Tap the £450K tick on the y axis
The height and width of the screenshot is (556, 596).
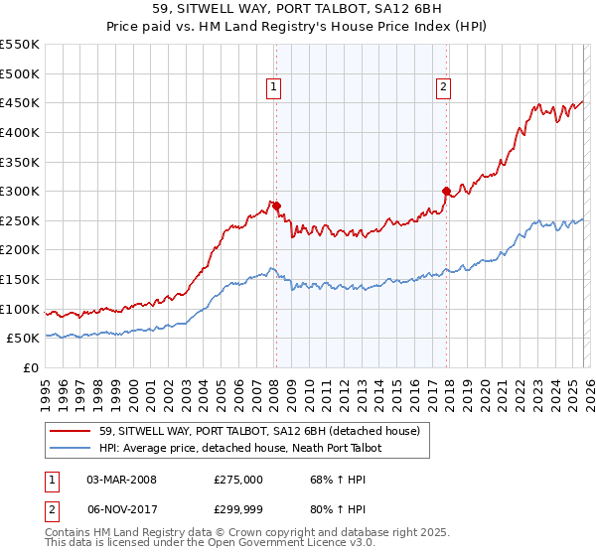(20, 103)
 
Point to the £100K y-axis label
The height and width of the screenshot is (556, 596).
(20, 310)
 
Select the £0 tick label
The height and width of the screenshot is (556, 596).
(31, 368)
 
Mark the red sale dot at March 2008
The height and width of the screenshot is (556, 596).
(276, 207)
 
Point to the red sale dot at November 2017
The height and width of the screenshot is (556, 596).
(446, 191)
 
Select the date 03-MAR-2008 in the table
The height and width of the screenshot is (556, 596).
(121, 480)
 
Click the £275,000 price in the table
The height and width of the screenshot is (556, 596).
(238, 480)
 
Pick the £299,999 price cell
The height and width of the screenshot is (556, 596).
(238, 511)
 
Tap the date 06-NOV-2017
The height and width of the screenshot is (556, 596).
(121, 511)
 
